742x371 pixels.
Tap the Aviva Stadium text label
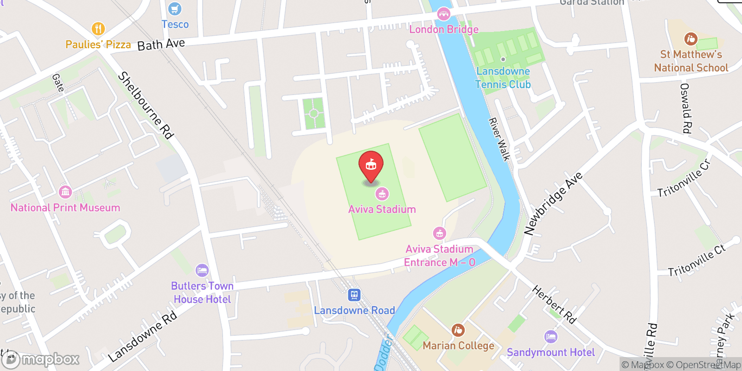382,209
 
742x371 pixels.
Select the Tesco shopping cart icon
175,9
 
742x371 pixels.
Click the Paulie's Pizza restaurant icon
98,29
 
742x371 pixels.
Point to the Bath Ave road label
161,45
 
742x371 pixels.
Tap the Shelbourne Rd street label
145,105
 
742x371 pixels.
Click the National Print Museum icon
65,192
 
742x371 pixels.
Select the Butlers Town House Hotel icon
202,270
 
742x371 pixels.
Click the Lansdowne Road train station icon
354,294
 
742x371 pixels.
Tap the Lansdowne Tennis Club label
503,78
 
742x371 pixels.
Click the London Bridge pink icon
444,14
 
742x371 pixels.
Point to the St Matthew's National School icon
691,39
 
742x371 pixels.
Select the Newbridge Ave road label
553,203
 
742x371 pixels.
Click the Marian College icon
458,330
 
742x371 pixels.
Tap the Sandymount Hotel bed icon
550,337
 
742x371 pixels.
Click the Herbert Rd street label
554,305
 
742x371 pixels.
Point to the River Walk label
499,139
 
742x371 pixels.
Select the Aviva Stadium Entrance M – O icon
439,233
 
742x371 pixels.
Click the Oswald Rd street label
685,108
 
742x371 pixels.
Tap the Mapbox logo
41,359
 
